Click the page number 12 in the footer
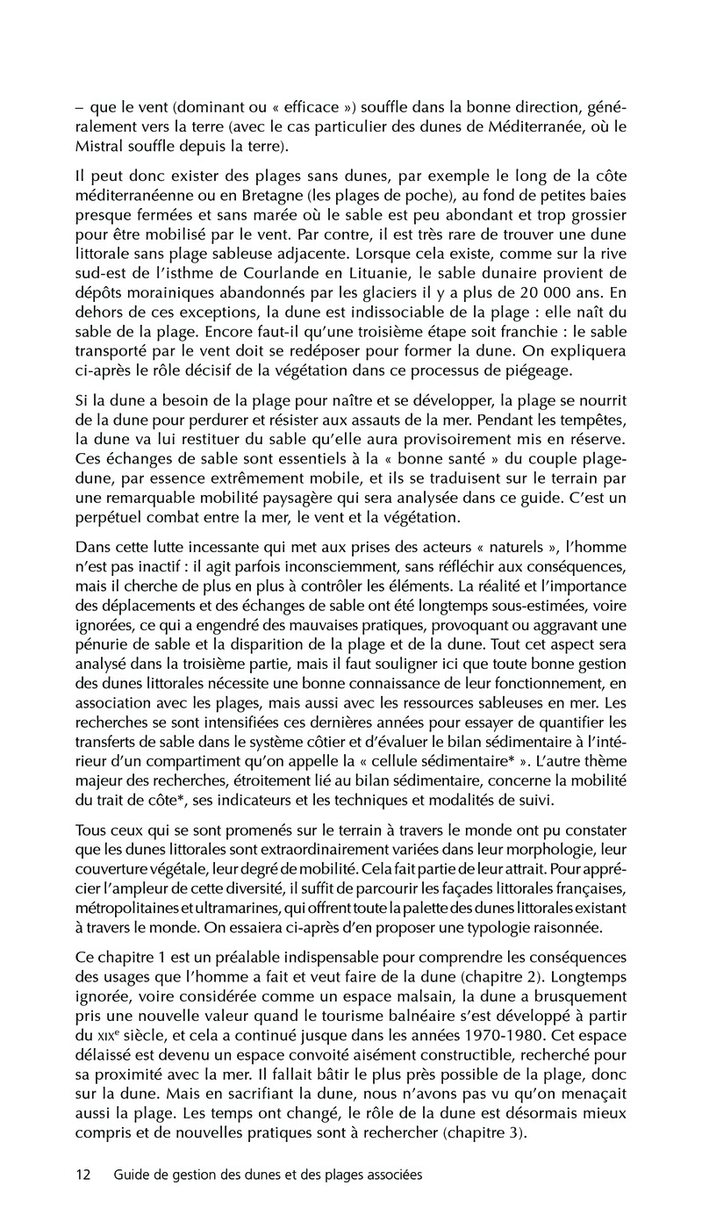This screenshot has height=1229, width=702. (x=83, y=1174)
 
